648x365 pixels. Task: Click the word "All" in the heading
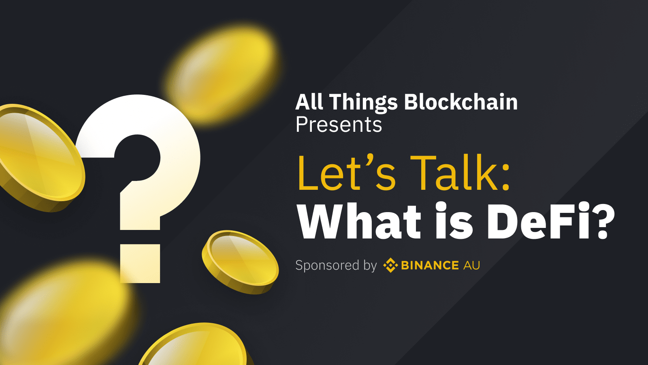(309, 102)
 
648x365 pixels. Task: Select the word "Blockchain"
(461, 102)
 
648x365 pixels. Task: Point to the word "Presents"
(339, 125)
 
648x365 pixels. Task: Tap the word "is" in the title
(454, 221)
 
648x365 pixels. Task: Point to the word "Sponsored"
(327, 266)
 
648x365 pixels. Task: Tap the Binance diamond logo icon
(390, 265)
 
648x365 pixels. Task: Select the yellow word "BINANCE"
(430, 265)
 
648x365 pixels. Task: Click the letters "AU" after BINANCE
(471, 265)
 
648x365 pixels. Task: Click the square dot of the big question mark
(140, 264)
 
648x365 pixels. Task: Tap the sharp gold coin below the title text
(240, 262)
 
